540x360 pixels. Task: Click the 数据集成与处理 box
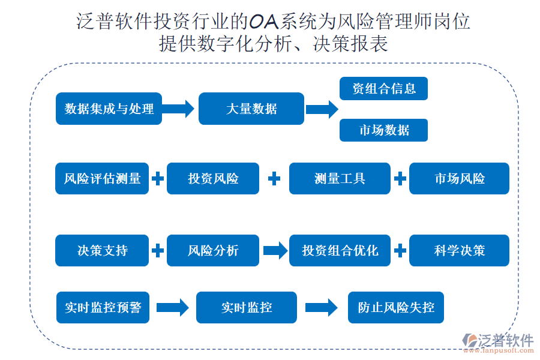(109, 109)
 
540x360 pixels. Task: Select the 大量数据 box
(251, 109)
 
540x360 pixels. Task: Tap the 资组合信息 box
(383, 89)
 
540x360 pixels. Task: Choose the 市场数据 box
(383, 130)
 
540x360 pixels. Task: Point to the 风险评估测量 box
(102, 179)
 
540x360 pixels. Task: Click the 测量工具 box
(340, 179)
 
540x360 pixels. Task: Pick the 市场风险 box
(459, 179)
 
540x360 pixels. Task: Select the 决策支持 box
(102, 250)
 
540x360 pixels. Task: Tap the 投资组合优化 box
(340, 250)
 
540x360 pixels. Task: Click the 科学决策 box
(459, 250)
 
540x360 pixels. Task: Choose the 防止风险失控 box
(396, 307)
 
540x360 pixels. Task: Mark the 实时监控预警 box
(103, 307)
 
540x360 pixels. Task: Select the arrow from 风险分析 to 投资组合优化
(275, 250)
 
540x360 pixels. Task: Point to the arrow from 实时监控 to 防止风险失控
(321, 307)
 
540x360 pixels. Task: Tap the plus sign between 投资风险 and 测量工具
(274, 179)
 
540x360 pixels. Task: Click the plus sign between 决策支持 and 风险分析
(158, 250)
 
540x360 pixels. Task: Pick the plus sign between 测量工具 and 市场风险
(400, 179)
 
